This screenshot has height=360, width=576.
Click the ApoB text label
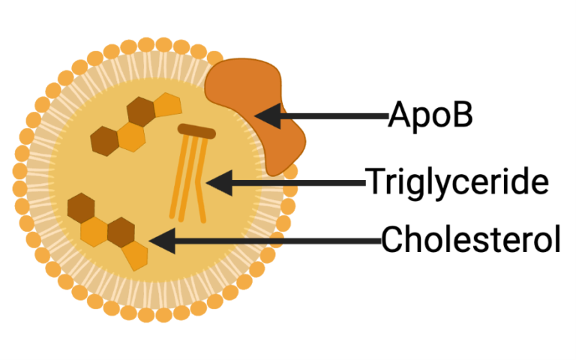pyautogui.click(x=430, y=115)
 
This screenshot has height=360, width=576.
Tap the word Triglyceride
pyautogui.click(x=456, y=182)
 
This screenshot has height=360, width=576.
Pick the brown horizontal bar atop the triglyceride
pyautogui.click(x=196, y=132)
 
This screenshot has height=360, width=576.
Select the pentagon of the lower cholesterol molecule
pyautogui.click(x=135, y=255)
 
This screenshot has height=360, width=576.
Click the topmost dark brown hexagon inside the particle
pyautogui.click(x=140, y=112)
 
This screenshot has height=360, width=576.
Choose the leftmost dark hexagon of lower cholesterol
pyautogui.click(x=80, y=207)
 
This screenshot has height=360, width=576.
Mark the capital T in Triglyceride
pyautogui.click(x=373, y=181)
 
